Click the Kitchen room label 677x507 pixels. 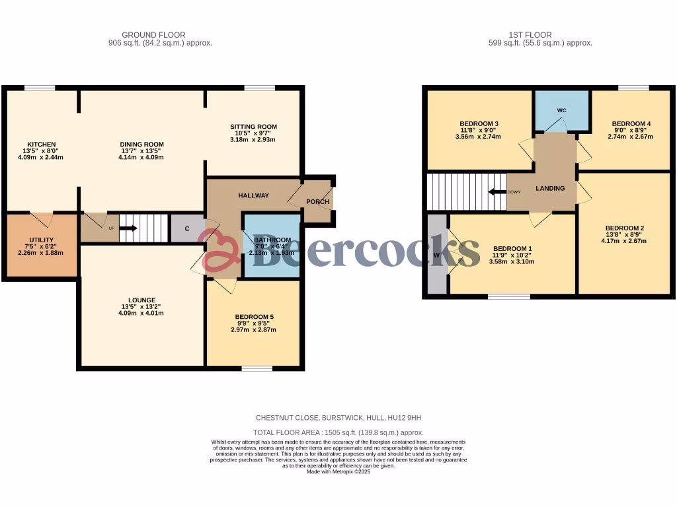(41, 145)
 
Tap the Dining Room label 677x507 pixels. (141, 145)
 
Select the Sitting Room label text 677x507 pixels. (253, 127)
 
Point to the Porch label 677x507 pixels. (317, 201)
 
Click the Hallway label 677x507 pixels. (253, 195)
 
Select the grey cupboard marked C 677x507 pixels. (187, 228)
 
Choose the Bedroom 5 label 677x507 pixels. (254, 317)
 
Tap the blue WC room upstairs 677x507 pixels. (561, 111)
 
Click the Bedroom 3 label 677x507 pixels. (479, 124)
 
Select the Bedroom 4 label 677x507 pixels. (631, 124)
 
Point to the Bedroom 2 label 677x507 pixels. (624, 228)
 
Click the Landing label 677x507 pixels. (550, 188)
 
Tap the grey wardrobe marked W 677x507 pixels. (436, 254)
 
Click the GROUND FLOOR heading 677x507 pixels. (153, 35)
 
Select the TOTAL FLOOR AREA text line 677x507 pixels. (338, 432)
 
